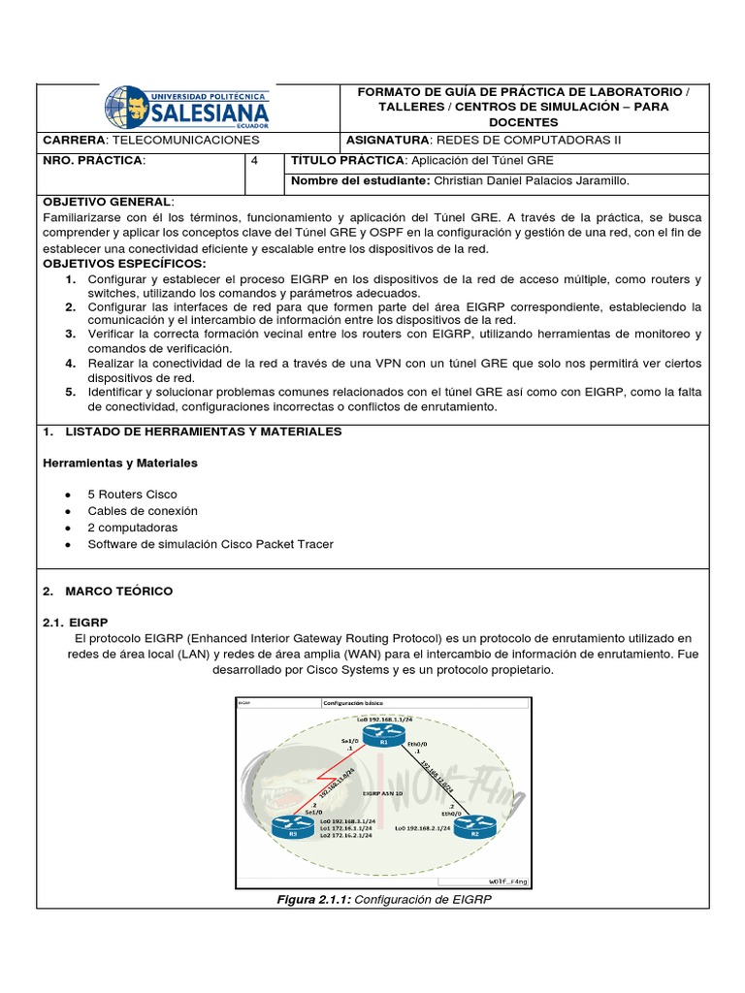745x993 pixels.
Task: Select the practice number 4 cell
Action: click(x=254, y=160)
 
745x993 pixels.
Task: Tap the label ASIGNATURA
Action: click(x=384, y=140)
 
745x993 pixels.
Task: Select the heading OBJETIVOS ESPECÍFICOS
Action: click(x=125, y=263)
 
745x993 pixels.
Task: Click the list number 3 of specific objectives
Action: click(x=71, y=334)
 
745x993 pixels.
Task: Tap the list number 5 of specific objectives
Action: click(x=71, y=392)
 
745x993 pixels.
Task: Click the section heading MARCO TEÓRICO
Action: click(x=118, y=591)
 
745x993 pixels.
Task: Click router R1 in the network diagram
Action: click(x=383, y=742)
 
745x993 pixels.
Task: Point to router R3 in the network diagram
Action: click(x=288, y=826)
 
